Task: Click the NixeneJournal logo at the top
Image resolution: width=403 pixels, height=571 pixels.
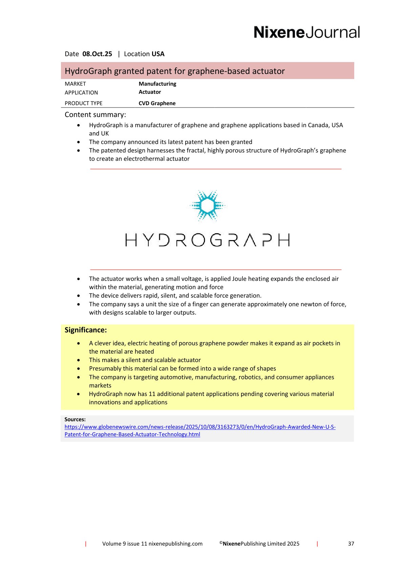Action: tap(306, 32)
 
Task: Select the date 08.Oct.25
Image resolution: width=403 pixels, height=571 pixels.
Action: tap(97, 54)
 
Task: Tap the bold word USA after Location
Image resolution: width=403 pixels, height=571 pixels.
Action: tap(158, 54)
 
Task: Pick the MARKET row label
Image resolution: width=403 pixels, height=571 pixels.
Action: tap(75, 84)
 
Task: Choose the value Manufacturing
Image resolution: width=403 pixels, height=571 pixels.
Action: tap(157, 84)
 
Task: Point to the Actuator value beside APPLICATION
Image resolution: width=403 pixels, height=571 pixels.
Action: tap(150, 92)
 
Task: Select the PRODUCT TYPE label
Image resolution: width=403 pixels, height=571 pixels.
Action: tap(83, 103)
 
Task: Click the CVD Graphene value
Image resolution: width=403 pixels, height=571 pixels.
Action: tap(157, 103)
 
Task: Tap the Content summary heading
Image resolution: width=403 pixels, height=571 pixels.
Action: tap(95, 115)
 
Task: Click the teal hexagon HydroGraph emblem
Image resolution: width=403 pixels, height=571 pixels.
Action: tap(207, 205)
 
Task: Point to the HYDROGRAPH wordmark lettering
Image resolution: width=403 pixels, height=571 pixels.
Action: tap(207, 240)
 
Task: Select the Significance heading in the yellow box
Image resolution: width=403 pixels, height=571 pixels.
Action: tap(86, 330)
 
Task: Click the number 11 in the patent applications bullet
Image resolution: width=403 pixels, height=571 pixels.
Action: tap(152, 394)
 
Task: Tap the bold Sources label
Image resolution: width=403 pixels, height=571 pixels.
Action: tap(75, 419)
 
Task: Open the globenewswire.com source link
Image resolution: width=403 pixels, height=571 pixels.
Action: tap(200, 427)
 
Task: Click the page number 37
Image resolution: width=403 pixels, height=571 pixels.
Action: tap(351, 544)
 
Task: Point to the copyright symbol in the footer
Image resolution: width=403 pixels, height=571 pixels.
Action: tap(221, 543)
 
